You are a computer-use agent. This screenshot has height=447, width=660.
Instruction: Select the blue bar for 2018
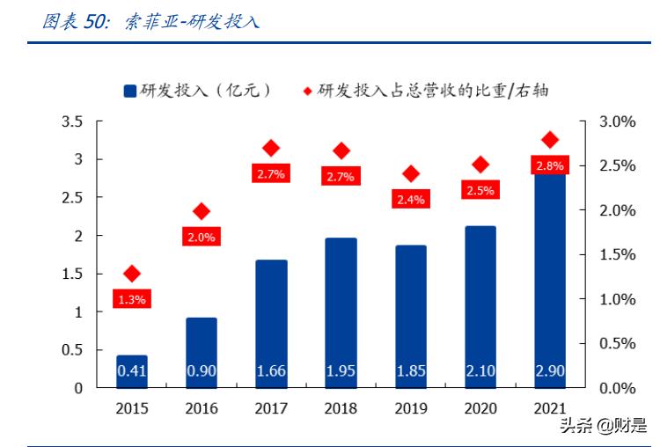tap(341, 312)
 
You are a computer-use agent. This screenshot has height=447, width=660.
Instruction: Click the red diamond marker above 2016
tap(202, 211)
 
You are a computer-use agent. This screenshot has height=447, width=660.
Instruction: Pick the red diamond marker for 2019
tap(411, 174)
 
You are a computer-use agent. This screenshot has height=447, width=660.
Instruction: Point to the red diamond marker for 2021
tap(550, 140)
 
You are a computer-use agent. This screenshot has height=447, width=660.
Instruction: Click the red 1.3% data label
tap(131, 299)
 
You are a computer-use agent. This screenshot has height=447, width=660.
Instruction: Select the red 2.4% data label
tap(410, 200)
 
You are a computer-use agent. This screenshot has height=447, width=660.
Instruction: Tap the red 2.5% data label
tap(480, 189)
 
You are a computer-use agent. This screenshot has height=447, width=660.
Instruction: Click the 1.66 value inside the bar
tap(271, 371)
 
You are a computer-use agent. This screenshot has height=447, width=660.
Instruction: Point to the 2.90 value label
tap(550, 371)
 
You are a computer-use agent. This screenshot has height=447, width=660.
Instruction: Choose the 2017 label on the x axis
tap(271, 408)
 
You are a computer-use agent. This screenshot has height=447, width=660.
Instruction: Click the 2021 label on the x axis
tap(550, 408)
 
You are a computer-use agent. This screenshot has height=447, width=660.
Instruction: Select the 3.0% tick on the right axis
tap(617, 122)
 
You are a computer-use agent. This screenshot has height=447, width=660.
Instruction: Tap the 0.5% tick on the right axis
tap(617, 343)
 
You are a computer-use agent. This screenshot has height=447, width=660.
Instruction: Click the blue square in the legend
tap(129, 91)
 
